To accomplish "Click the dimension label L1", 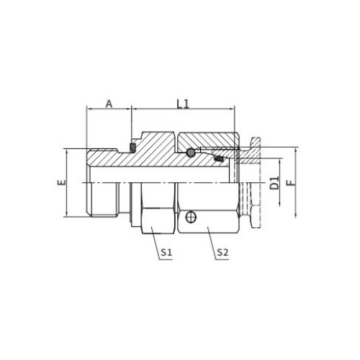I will pos(183,103).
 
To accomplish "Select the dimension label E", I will pos(60,184).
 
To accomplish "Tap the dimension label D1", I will pos(274,183).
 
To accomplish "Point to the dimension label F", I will pos(291,183).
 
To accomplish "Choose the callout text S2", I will pos(222,253).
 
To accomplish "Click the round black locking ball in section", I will pos(189,153).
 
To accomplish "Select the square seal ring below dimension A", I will pos(132,148).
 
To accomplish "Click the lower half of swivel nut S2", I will pos(209,209).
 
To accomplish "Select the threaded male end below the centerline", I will pos(108,199).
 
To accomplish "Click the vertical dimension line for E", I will pos(67,184).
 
